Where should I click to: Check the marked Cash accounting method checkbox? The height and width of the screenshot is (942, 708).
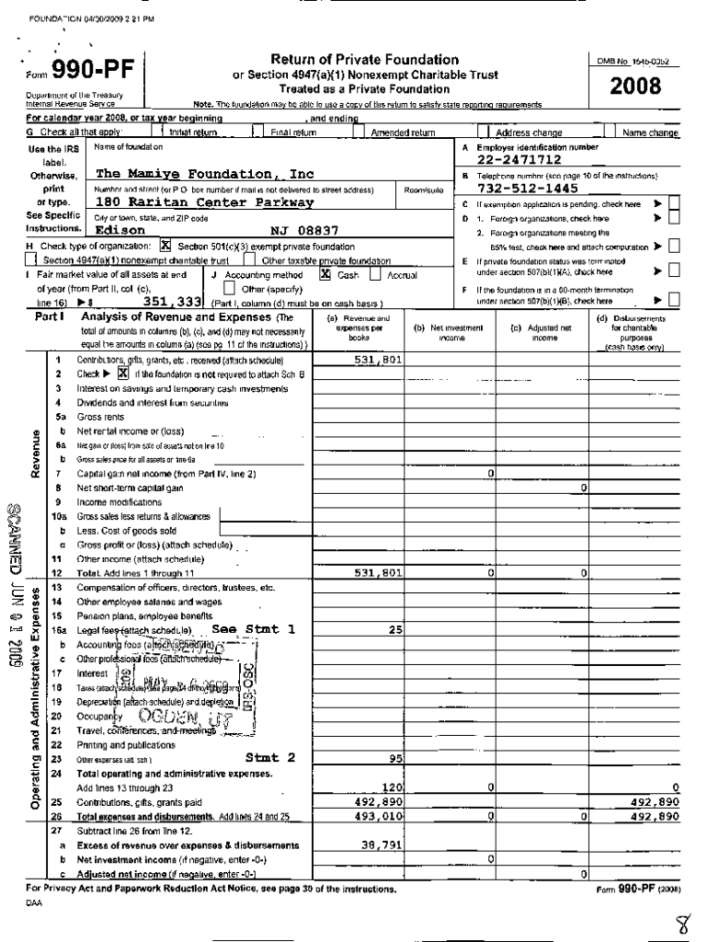325,274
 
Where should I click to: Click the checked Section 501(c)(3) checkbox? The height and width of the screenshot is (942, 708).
166,247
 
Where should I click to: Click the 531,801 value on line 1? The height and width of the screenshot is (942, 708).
378,361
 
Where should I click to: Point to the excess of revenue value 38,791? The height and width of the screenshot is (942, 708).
381,844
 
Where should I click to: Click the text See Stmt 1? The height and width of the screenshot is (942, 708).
253,629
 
